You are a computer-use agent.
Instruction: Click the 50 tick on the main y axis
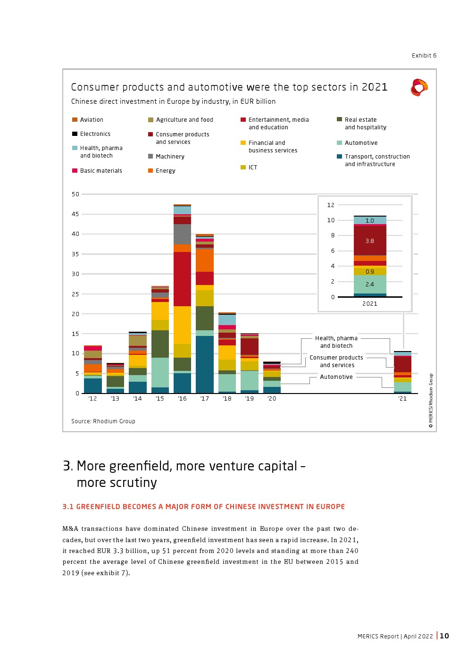coord(75,194)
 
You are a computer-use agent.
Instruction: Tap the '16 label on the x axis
coord(182,399)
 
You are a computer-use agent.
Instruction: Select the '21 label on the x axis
coord(402,399)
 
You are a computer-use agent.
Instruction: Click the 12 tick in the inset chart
coord(331,205)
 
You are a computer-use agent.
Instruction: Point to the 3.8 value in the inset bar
coord(370,241)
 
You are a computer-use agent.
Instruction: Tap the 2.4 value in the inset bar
coord(370,285)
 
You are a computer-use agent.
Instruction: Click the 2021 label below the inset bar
coord(370,304)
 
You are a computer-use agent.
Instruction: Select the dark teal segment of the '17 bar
coord(205,364)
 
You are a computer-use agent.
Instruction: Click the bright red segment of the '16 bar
coord(182,279)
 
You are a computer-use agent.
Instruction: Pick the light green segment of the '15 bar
coord(160,372)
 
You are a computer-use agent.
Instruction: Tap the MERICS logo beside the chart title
coord(419,88)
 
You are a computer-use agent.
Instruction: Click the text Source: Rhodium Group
coord(103,421)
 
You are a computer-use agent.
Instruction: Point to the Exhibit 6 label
coord(424,56)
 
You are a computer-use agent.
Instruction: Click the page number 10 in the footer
coord(444,636)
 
